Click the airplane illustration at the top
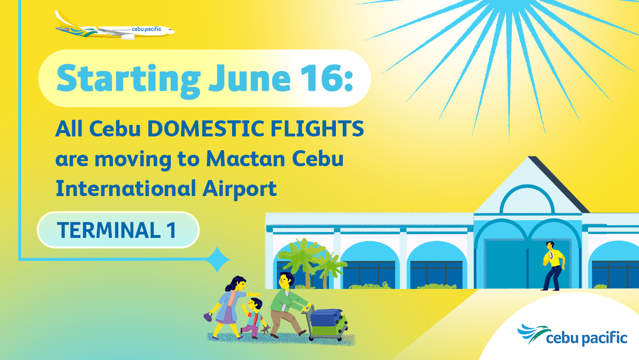point(115,26)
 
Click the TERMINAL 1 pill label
point(117,230)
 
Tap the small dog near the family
point(266,329)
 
